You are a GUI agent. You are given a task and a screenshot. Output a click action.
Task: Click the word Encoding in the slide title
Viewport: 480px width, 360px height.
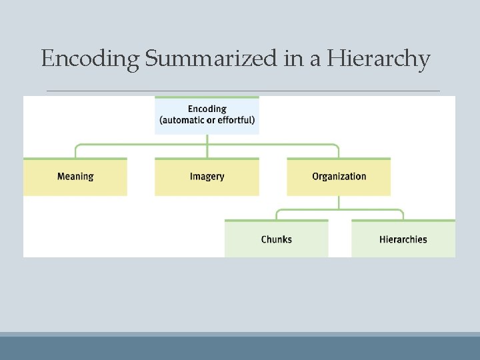pyautogui.click(x=90, y=59)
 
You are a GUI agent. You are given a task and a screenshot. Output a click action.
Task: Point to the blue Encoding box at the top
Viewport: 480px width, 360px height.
pyautogui.click(x=207, y=115)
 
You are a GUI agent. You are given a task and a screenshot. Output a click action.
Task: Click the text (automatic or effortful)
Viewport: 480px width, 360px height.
pyautogui.click(x=207, y=121)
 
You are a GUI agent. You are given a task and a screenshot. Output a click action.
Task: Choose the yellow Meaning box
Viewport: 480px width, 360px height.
pyautogui.click(x=75, y=177)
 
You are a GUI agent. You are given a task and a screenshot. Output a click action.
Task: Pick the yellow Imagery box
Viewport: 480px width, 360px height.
pyautogui.click(x=207, y=177)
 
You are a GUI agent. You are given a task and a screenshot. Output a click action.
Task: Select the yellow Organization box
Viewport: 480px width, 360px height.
pyautogui.click(x=339, y=177)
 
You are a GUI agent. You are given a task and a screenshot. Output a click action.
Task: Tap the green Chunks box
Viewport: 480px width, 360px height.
pyautogui.click(x=276, y=239)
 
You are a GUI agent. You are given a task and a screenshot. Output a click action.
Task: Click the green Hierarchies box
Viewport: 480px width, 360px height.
pyautogui.click(x=403, y=239)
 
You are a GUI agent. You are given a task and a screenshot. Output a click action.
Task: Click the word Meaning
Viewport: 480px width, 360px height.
pyautogui.click(x=75, y=177)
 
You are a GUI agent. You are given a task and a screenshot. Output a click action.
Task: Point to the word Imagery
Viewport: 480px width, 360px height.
pyautogui.click(x=207, y=177)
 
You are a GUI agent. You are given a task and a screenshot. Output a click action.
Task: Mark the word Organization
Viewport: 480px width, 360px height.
pyautogui.click(x=339, y=177)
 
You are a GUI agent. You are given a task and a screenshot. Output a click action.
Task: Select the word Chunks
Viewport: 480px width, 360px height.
pyautogui.click(x=276, y=239)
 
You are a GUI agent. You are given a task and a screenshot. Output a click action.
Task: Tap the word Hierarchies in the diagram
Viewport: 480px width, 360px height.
pyautogui.click(x=403, y=239)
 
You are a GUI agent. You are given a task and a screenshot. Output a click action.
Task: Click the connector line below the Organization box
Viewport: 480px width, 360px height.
pyautogui.click(x=339, y=203)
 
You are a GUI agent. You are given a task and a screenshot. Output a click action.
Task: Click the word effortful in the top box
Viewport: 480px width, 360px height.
pyautogui.click(x=233, y=121)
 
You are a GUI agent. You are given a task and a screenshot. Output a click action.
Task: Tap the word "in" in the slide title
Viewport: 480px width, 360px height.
pyautogui.click(x=291, y=59)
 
